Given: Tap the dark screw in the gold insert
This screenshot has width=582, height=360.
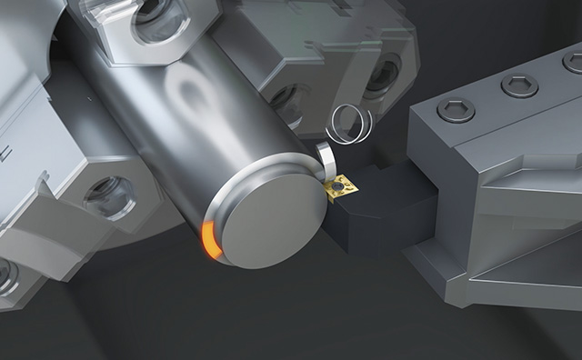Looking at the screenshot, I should [338, 186].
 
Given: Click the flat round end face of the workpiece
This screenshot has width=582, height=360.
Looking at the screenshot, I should [268, 214].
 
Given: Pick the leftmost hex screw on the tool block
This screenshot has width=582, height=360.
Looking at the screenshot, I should [456, 110].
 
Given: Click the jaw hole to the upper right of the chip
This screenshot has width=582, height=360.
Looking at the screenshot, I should [381, 72].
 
